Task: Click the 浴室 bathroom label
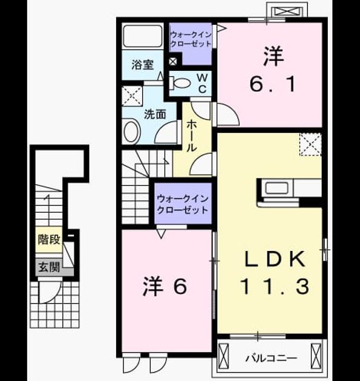coord(142,65)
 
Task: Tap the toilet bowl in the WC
coord(180,83)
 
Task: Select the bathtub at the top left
coord(142,36)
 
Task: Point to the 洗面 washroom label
coord(155,114)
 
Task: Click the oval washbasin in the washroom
coord(131,131)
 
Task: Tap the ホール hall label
coord(192,136)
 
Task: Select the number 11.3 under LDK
coord(275,286)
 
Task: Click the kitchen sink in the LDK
coord(277,188)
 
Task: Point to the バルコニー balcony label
coord(271,358)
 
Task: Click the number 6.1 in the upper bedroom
coord(273,84)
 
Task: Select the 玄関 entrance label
coord(49,267)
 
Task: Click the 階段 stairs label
coord(49,239)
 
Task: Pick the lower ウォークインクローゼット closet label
coord(183,204)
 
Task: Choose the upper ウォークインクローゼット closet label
coord(191,39)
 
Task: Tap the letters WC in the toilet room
coord(202,83)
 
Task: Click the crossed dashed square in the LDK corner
coord(310,144)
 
